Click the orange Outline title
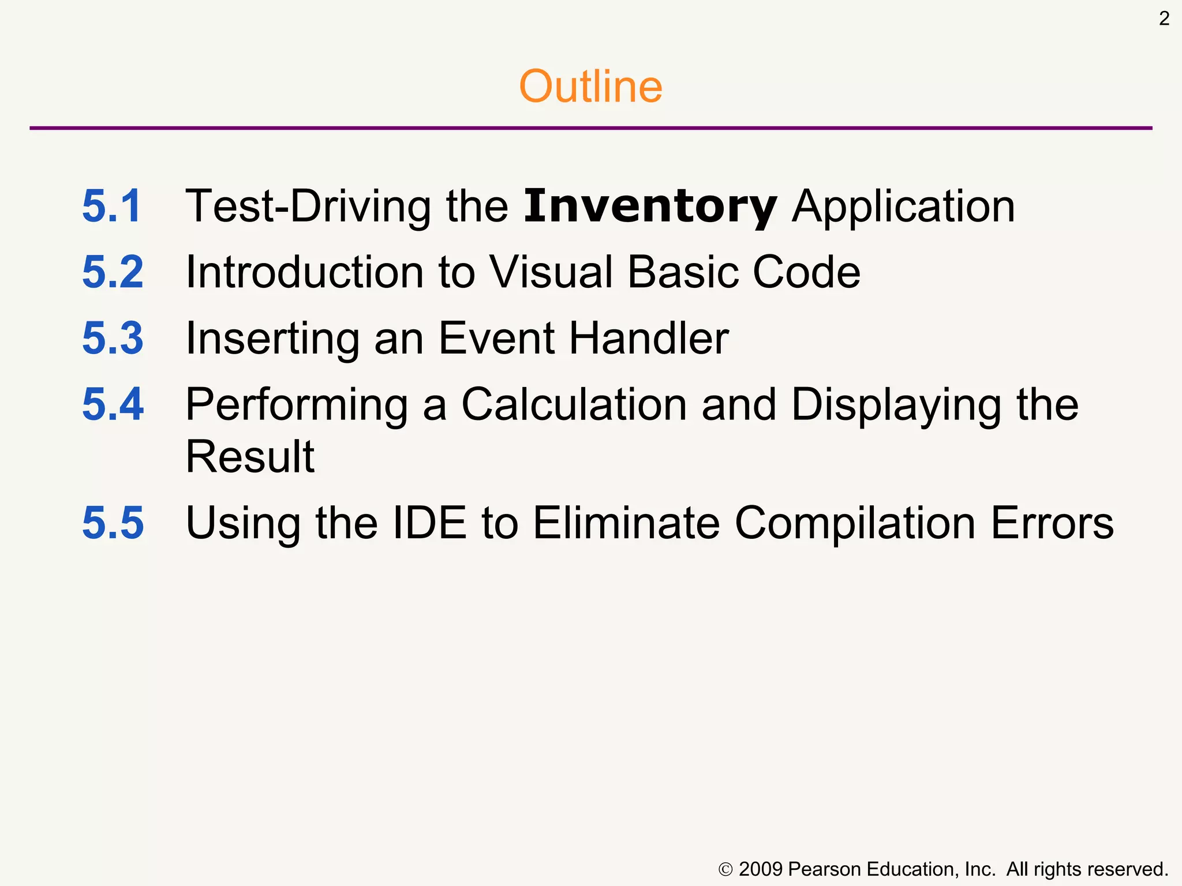590,87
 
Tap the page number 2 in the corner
1164,19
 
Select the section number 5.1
111,206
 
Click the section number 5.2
113,272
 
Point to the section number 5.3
113,339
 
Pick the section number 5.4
113,405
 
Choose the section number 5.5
113,523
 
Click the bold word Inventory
650,207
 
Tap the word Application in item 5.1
903,207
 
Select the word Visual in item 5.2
552,272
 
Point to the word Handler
649,339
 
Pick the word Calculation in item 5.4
574,405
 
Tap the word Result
250,457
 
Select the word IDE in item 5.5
429,523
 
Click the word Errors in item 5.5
1052,523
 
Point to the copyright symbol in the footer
725,870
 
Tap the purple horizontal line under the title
590,128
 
